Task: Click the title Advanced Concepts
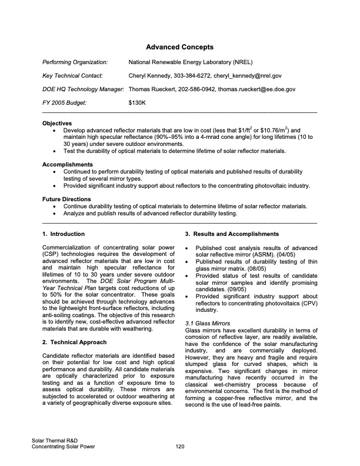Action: (179, 46)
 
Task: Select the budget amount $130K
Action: (137, 103)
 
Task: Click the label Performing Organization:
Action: (75, 61)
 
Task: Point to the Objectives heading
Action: (58, 124)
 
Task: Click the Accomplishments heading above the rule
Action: (68, 165)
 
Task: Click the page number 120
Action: (180, 447)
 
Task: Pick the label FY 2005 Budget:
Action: (65, 103)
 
